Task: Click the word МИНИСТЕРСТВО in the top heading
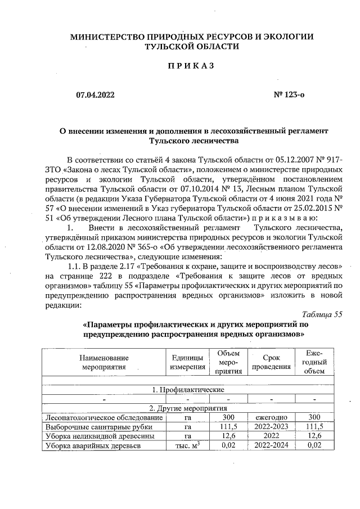102,37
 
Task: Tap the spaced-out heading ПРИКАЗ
191,66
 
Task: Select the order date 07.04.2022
95,95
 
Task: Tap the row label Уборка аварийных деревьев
92,446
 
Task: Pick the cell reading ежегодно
272,417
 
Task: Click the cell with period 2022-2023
272,427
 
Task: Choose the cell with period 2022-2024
272,446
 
